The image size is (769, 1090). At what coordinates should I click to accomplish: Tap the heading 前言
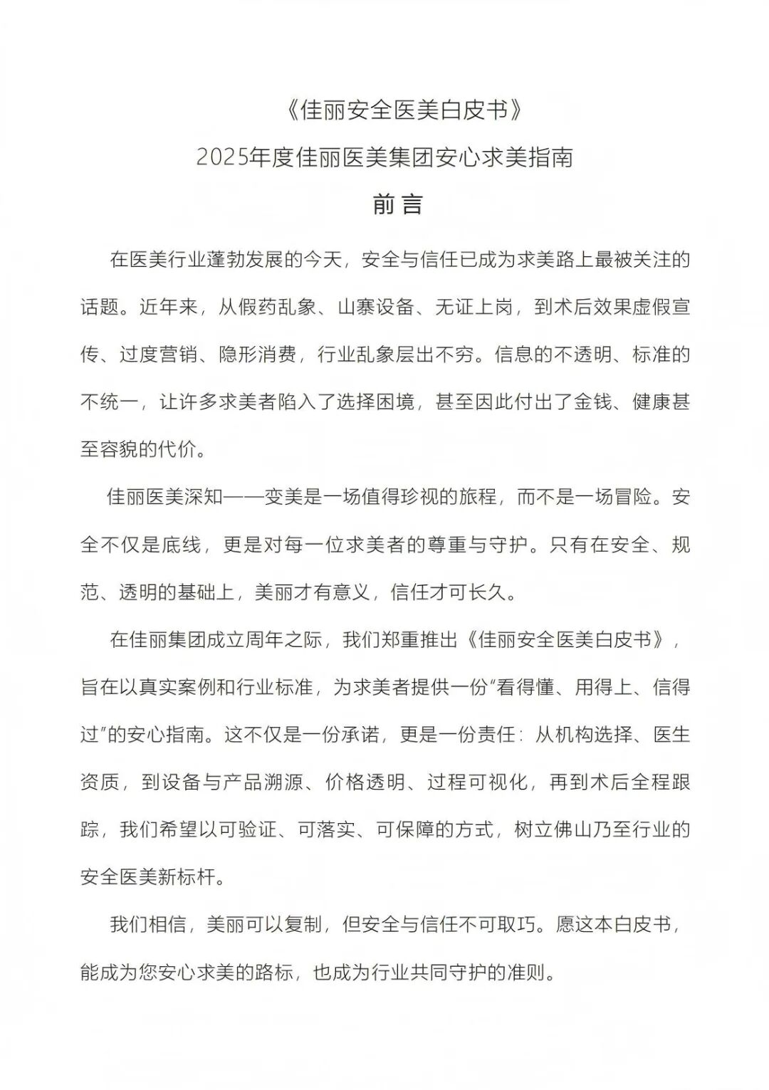tap(398, 204)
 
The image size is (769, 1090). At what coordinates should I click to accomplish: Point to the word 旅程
tap(477, 497)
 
